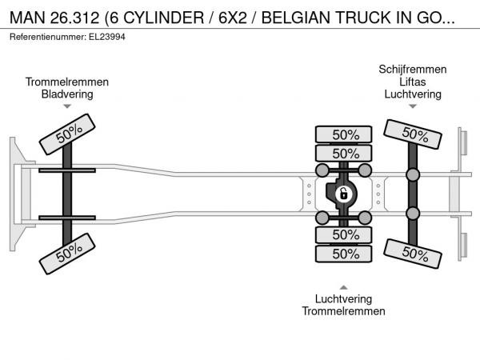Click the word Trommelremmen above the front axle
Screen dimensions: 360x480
[x=67, y=82]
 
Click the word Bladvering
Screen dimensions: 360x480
[x=67, y=94]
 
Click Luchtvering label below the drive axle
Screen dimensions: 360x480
[x=343, y=298]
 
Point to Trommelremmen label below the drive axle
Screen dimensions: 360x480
[x=343, y=311]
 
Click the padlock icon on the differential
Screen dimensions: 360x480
[x=343, y=194]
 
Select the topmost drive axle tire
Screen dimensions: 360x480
[x=344, y=134]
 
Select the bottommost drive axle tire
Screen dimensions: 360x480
[x=344, y=254]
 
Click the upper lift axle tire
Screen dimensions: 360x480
[x=413, y=134]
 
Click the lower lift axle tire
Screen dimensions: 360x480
[x=413, y=254]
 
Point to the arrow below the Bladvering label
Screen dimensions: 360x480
[x=67, y=106]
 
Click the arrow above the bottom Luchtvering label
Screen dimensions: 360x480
[x=343, y=286]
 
